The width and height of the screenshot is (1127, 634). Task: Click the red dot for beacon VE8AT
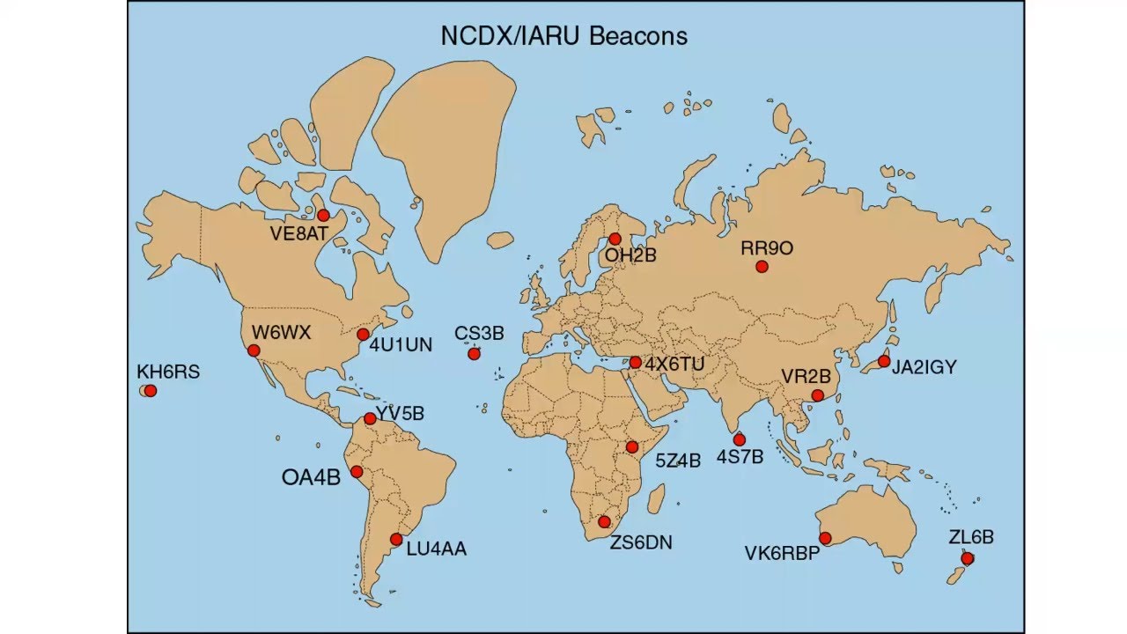pyautogui.click(x=323, y=216)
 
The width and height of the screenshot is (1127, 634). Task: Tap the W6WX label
pyautogui.click(x=281, y=333)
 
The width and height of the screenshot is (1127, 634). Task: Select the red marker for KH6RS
pyautogui.click(x=151, y=391)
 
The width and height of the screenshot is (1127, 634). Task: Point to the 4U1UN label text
pyautogui.click(x=401, y=345)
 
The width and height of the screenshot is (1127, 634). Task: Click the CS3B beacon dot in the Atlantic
pyautogui.click(x=474, y=354)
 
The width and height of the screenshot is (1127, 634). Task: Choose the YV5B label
pyautogui.click(x=401, y=413)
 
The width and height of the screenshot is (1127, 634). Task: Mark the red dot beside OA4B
pyautogui.click(x=357, y=472)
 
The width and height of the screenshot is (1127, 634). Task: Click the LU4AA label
pyautogui.click(x=436, y=549)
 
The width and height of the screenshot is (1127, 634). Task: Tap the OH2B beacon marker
pyautogui.click(x=615, y=240)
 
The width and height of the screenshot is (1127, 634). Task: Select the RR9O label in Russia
pyautogui.click(x=766, y=248)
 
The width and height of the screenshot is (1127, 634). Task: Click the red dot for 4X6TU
pyautogui.click(x=635, y=363)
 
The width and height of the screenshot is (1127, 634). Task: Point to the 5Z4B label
pyautogui.click(x=677, y=461)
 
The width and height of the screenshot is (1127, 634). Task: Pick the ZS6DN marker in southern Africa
pyautogui.click(x=604, y=522)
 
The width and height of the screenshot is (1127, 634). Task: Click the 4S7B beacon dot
pyautogui.click(x=739, y=439)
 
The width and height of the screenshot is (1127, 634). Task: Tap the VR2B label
pyautogui.click(x=806, y=377)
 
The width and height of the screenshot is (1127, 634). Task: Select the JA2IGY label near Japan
pyautogui.click(x=924, y=368)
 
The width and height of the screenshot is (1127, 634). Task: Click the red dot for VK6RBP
pyautogui.click(x=825, y=538)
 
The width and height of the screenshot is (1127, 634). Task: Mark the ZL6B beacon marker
pyautogui.click(x=967, y=558)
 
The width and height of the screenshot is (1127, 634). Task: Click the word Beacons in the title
pyautogui.click(x=638, y=36)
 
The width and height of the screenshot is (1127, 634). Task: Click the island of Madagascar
pyautogui.click(x=656, y=499)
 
